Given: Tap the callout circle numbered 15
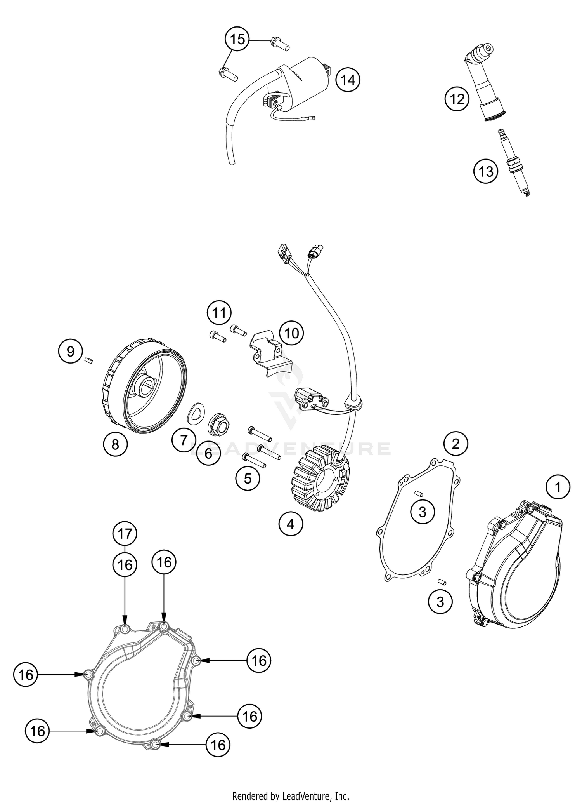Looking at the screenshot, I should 237,39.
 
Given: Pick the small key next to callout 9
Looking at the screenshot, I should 88,361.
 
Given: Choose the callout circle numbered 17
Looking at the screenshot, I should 125,534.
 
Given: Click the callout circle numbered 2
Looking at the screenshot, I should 456,443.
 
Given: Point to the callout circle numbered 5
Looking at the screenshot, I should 248,479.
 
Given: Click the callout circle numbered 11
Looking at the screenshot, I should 219,312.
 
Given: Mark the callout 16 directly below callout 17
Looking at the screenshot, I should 125,565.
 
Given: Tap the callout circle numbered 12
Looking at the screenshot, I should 457,99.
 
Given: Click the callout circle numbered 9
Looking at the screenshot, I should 70,352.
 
